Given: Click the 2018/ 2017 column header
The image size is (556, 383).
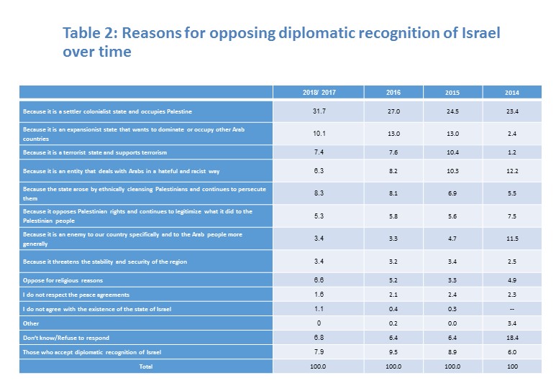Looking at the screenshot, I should tap(319, 93).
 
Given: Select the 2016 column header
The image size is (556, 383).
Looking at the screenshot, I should tap(393, 93).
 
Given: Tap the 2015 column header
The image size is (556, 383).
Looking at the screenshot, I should tap(452, 93).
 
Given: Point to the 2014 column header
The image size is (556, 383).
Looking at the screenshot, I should tap(511, 93).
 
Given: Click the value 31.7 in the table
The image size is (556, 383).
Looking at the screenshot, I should tap(319, 111).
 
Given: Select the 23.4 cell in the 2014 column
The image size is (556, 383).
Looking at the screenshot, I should tap(511, 111).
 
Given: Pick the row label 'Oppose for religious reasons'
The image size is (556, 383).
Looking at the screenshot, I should tap(63, 281).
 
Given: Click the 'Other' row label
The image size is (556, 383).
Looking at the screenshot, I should tap(31, 323).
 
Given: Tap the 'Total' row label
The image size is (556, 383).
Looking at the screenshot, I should tap(147, 366).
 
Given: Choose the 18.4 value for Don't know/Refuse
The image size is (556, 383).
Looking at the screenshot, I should tap(511, 338).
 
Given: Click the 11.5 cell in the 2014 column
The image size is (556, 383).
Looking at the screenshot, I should tap(511, 239).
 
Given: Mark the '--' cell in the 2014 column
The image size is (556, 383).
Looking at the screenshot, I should tap(511, 309).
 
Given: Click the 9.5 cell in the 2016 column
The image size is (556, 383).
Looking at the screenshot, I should tap(393, 352).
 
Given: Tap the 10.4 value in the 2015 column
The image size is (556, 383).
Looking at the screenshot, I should tap(452, 152).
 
